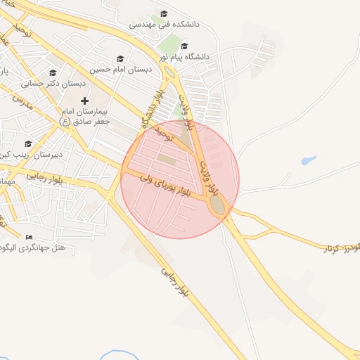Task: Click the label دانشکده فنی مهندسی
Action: (x=165, y=24)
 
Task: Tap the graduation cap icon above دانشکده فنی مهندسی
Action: (x=165, y=13)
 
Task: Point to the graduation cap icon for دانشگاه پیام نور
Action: (x=184, y=46)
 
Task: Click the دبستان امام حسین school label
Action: (x=120, y=70)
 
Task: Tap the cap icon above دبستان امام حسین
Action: (x=120, y=59)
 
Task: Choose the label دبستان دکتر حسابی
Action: (x=53, y=83)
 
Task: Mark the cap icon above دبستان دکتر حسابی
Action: (x=53, y=72)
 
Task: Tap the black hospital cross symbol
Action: (x=84, y=101)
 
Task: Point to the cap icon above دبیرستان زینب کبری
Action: (x=28, y=143)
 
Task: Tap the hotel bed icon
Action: (x=29, y=237)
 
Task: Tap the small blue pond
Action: (x=308, y=161)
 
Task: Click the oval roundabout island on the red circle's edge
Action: (x=218, y=206)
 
